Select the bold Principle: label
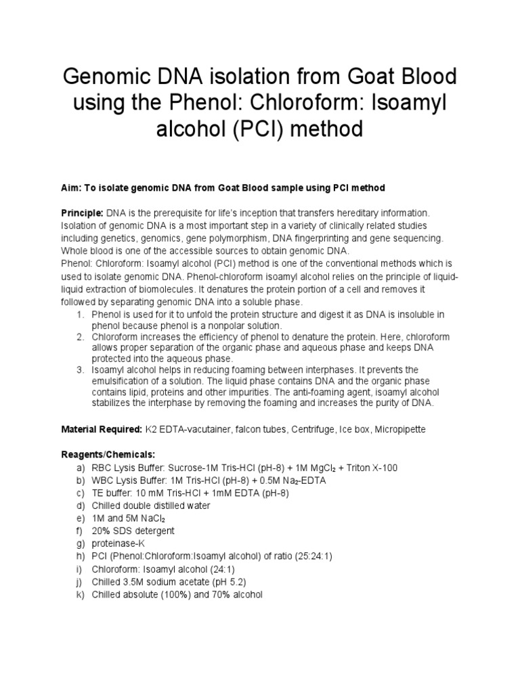point(81,213)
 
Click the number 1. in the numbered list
point(79,315)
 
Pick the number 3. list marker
point(79,370)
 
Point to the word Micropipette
point(395,430)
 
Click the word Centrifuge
point(303,430)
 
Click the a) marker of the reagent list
point(80,468)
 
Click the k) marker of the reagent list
point(80,594)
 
